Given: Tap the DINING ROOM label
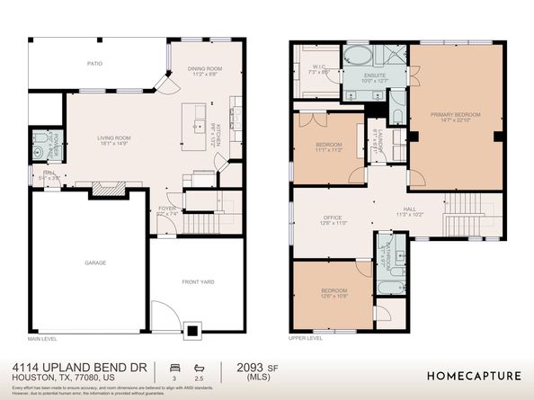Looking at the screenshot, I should pyautogui.click(x=205, y=68).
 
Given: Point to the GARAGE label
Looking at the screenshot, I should pyautogui.click(x=95, y=262).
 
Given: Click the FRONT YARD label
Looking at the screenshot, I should pyautogui.click(x=199, y=282).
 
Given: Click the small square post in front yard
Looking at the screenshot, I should pyautogui.click(x=191, y=330).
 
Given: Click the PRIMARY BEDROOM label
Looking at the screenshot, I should pyautogui.click(x=455, y=115).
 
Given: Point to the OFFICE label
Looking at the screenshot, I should pyautogui.click(x=333, y=218).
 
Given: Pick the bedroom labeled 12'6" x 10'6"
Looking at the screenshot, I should pyautogui.click(x=333, y=292).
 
